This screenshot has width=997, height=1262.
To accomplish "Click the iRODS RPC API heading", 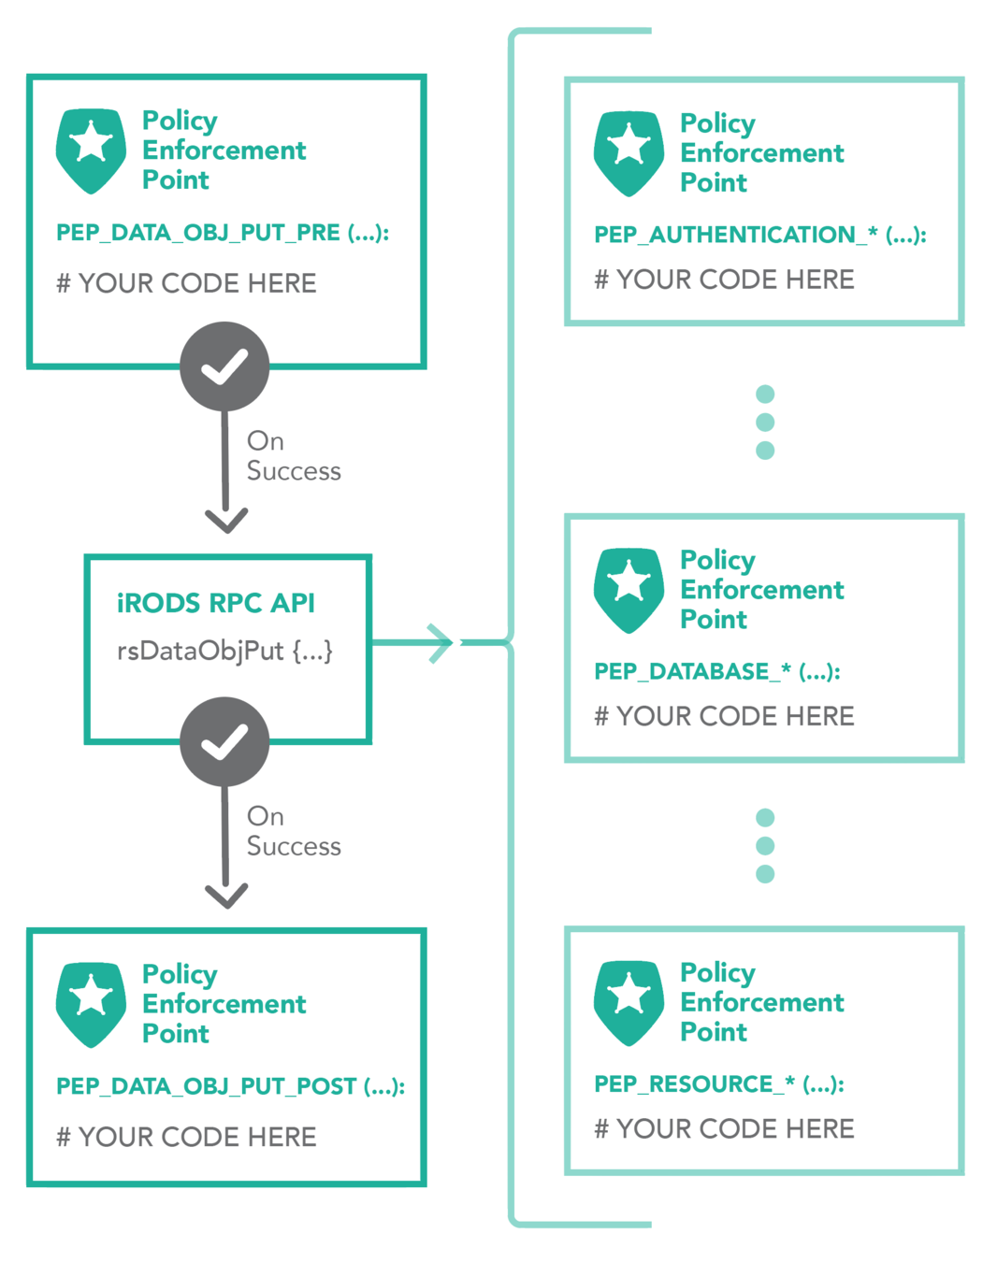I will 215,603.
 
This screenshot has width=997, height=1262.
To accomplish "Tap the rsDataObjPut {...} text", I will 224,651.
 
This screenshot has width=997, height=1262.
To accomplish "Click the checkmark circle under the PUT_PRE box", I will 224,366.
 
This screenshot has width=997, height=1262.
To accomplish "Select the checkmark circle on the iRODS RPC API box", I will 224,741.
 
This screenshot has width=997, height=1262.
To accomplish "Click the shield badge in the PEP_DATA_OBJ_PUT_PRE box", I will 91,150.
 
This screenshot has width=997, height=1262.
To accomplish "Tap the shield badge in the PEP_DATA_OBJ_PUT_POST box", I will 91,1003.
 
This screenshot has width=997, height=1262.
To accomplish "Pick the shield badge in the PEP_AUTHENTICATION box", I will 629,152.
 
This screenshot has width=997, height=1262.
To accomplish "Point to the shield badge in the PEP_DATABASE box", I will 629,589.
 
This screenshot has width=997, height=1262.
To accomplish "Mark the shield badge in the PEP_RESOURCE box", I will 629,1001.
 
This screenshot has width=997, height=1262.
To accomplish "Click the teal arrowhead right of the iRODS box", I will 441,643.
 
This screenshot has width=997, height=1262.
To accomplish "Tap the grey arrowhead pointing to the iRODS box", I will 225,519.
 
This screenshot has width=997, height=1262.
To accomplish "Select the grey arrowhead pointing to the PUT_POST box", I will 225,895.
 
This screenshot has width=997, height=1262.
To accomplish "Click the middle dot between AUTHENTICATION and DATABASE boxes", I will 765,422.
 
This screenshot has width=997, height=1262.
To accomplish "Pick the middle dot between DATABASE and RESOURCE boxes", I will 765,846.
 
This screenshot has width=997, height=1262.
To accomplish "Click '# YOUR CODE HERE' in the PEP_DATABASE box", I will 724,716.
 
